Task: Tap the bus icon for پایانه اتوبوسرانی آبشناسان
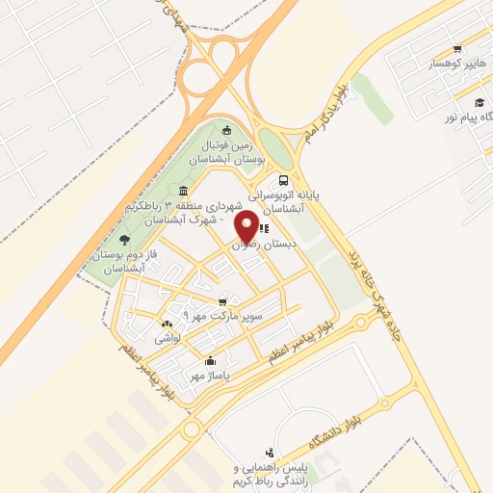283,180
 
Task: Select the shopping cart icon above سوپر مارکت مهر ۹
223,302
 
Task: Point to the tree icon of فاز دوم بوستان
123,239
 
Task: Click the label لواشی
167,339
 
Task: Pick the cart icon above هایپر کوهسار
456,51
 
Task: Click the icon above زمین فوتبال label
226,131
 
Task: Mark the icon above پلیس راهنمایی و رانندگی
270,453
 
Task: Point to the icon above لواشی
167,324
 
